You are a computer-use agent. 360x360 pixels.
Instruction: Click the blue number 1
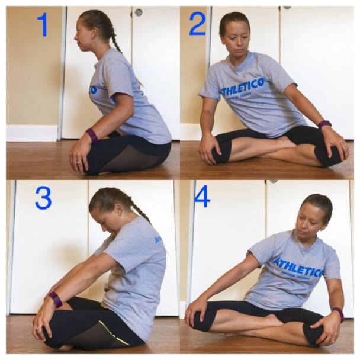point(42,25)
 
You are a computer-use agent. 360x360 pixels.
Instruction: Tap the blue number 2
point(197,24)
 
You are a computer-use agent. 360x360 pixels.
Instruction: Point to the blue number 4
point(202,196)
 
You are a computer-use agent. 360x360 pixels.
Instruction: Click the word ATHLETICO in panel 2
point(243,86)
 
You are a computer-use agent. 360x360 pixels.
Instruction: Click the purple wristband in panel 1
point(92,136)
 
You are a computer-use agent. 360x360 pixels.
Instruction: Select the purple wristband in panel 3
point(56,299)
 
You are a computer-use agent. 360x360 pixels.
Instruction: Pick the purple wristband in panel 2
point(324,124)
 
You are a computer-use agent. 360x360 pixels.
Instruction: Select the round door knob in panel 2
point(139,12)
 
